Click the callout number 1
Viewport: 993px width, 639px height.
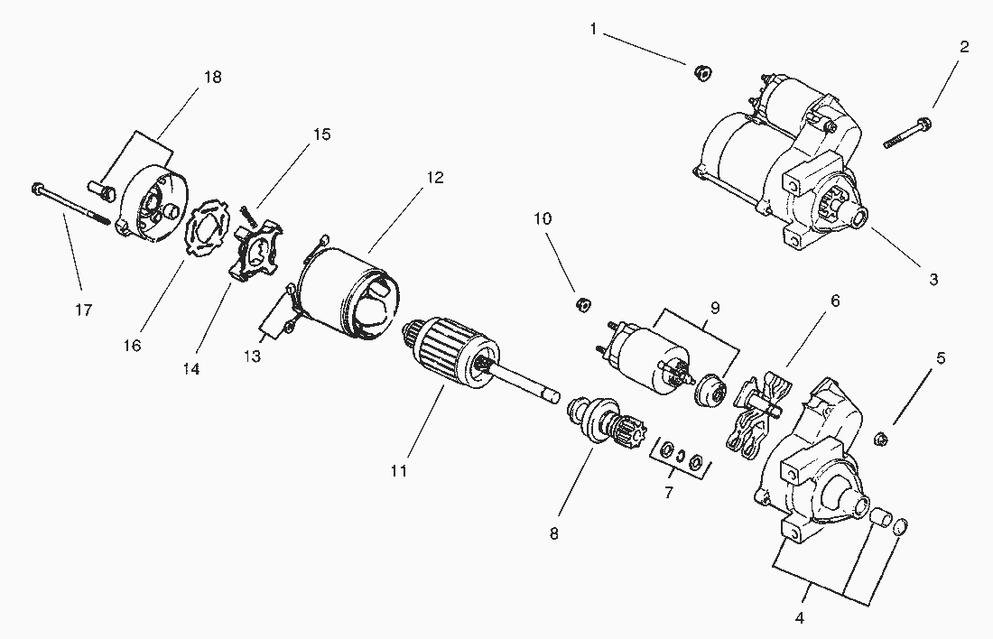coord(593,29)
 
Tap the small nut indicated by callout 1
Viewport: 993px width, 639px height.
coord(700,71)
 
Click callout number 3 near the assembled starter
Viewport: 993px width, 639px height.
coord(933,280)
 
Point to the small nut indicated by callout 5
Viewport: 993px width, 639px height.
coord(884,440)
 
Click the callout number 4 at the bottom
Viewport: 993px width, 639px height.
coord(799,618)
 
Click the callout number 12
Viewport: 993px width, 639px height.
coord(435,177)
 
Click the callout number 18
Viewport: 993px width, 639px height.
coord(213,77)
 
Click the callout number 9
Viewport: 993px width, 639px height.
coord(715,308)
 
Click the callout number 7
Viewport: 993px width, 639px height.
coord(669,493)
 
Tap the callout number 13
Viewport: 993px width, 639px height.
coord(252,357)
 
